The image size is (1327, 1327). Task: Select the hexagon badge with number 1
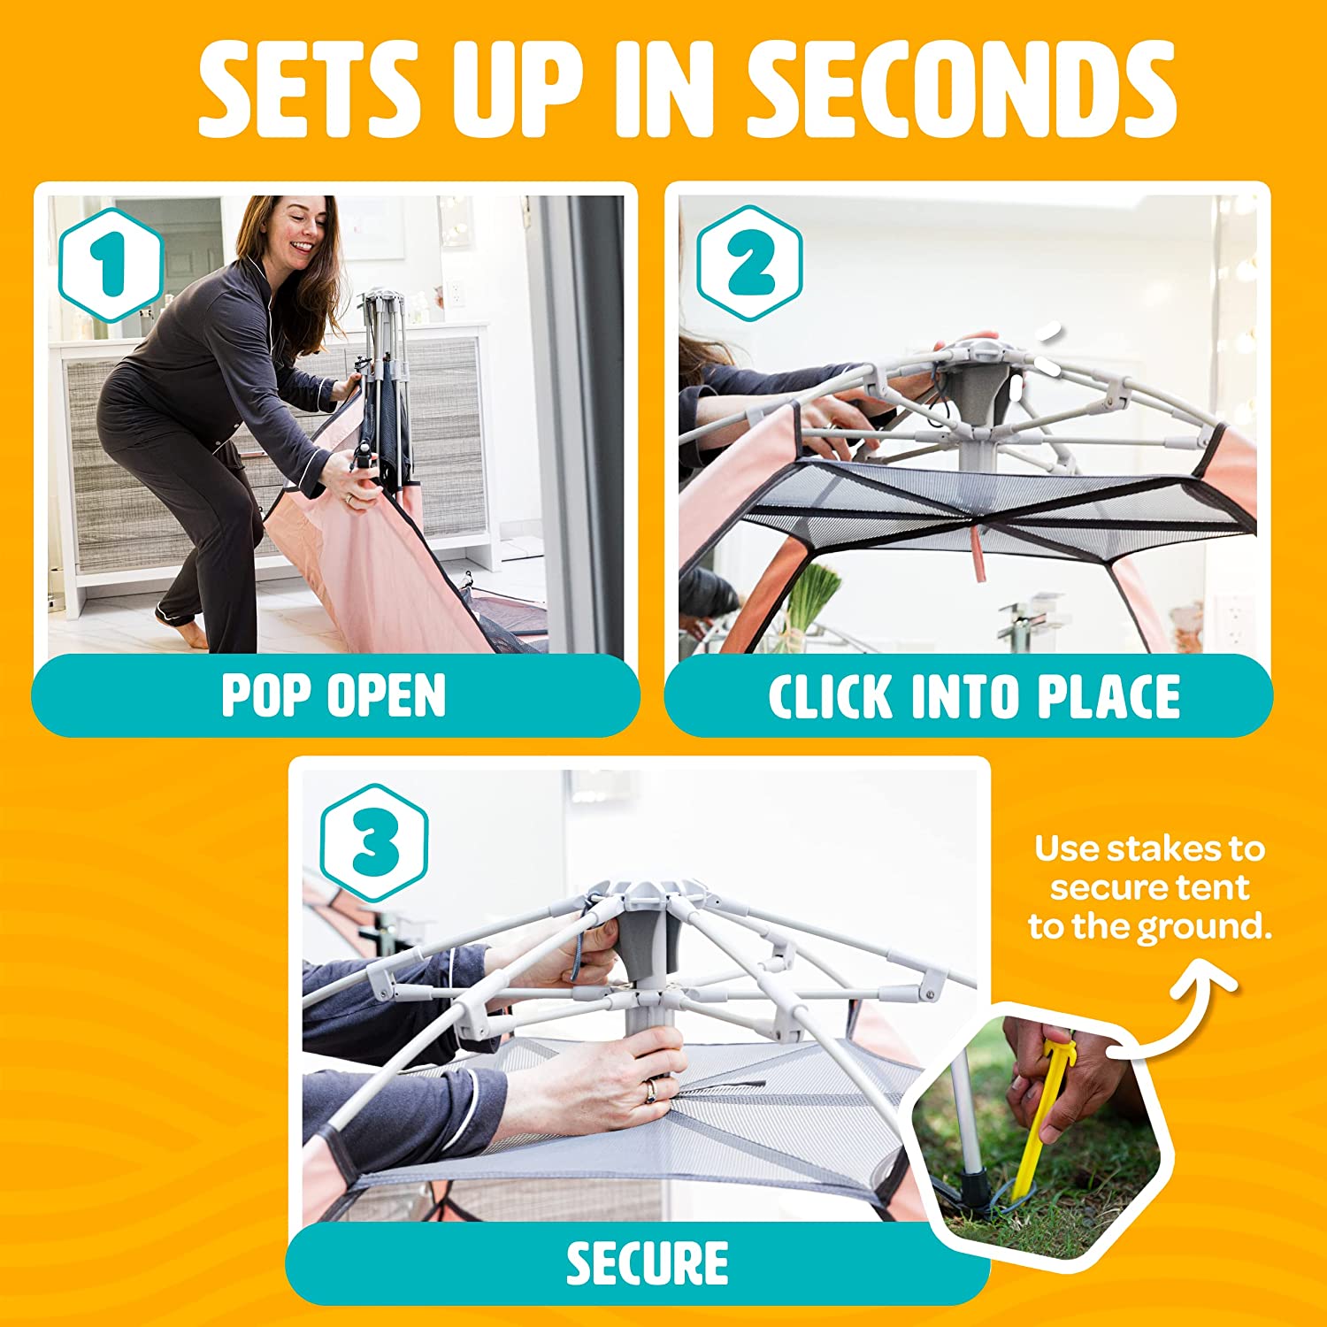[111, 263]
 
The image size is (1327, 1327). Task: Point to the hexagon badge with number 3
[374, 841]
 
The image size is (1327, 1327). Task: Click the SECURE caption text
[648, 1262]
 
